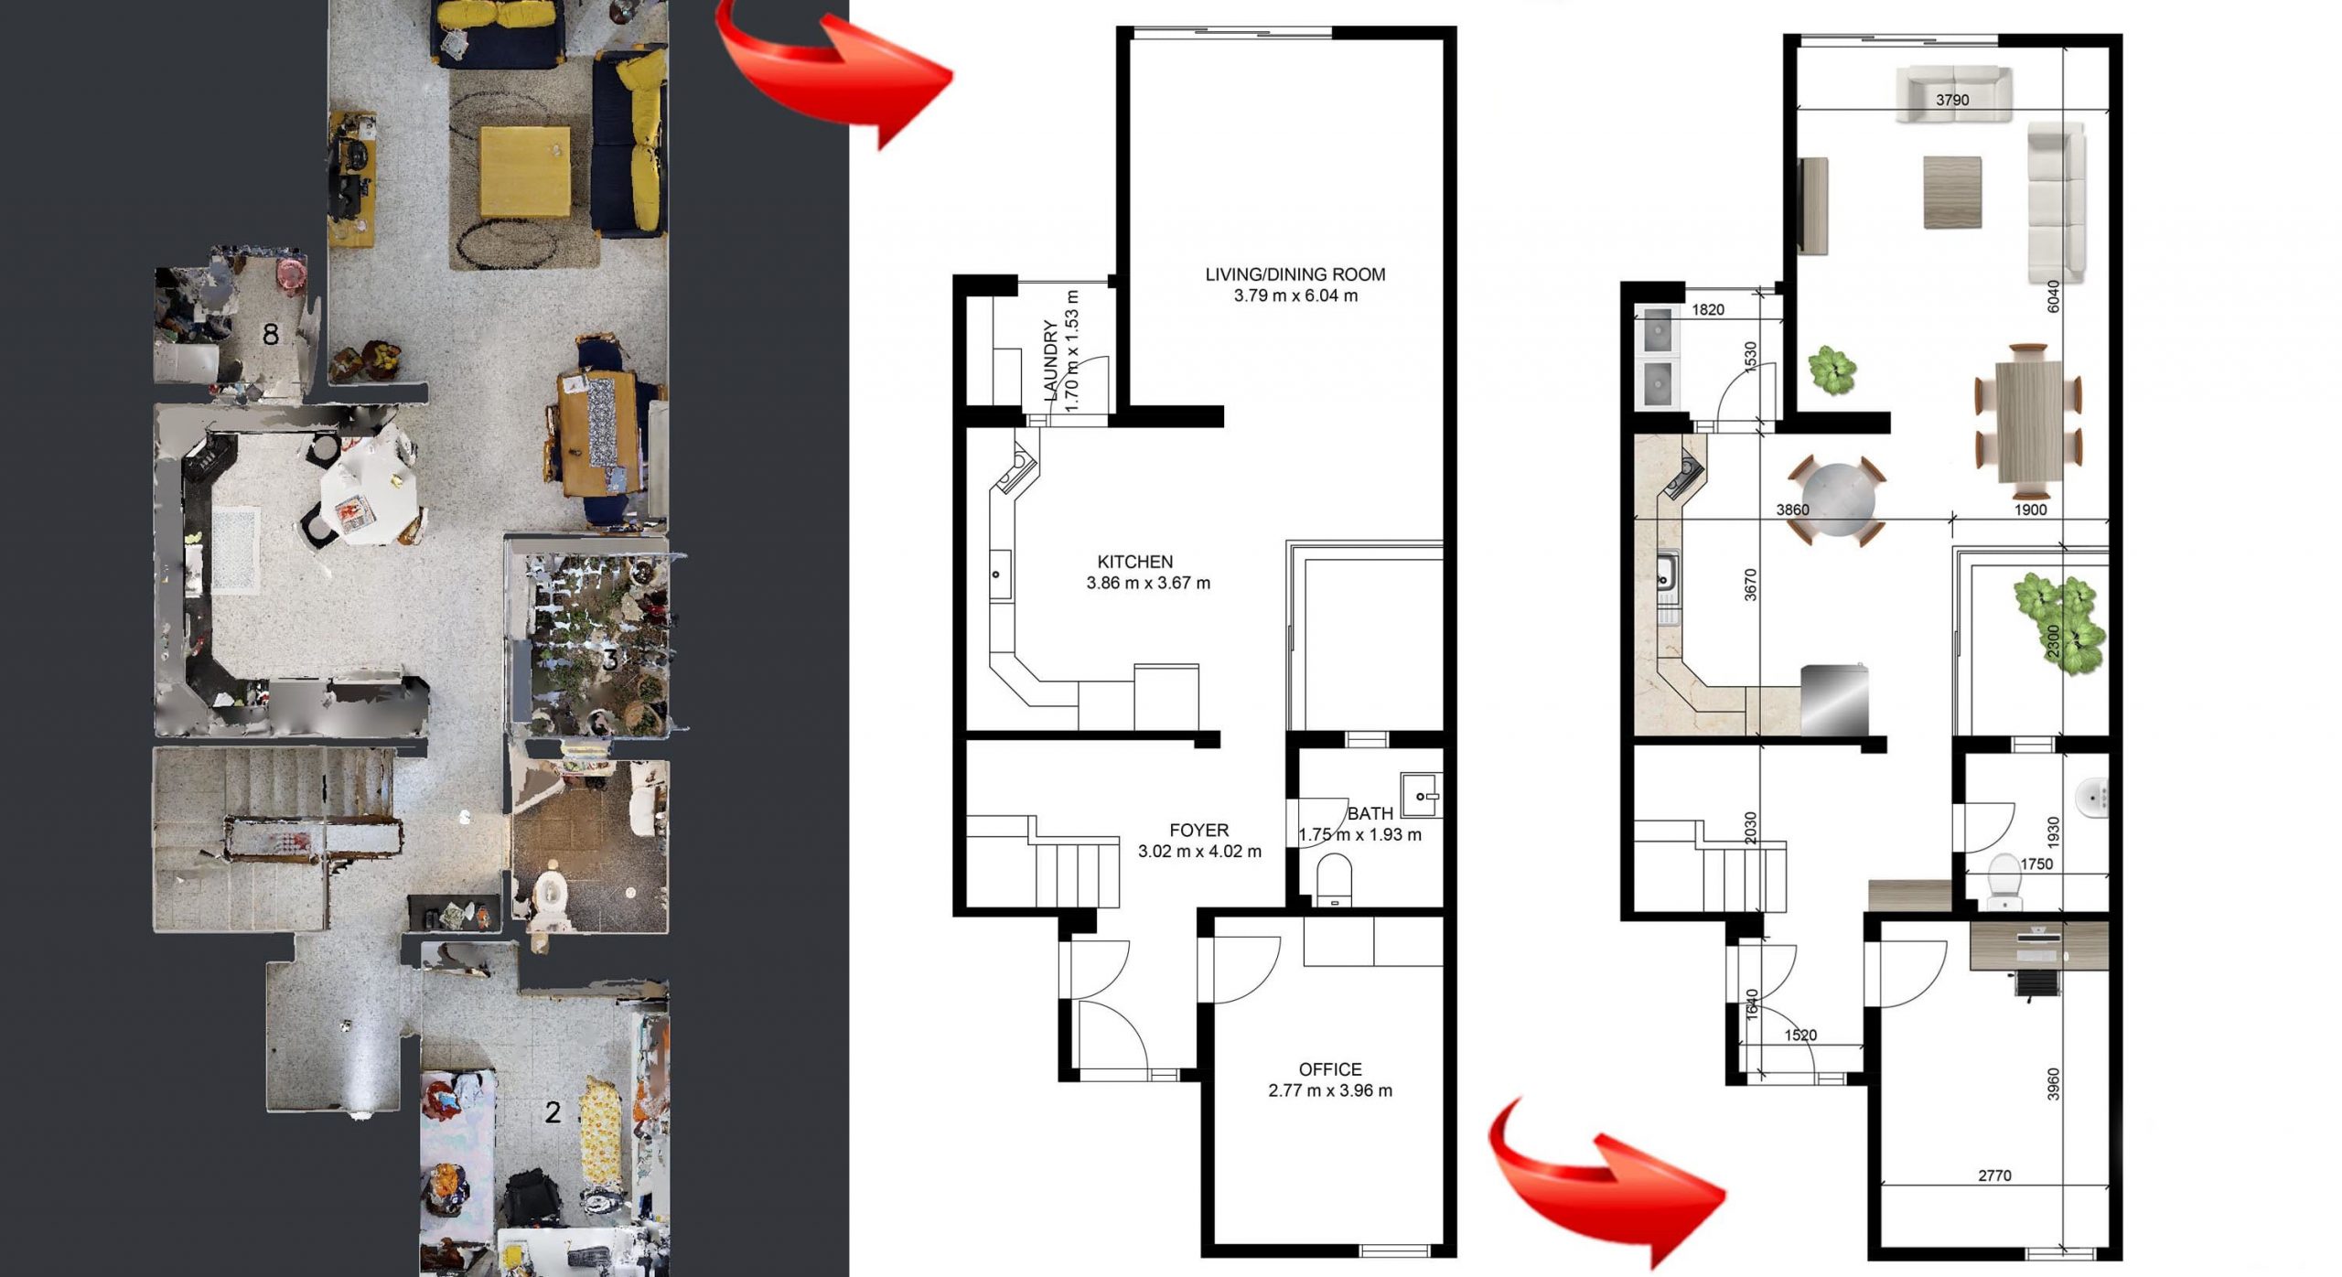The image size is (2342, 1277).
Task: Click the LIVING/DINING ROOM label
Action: pos(1295,274)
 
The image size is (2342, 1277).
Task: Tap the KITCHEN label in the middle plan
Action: pos(1134,562)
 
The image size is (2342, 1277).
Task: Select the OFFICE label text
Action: pos(1330,1069)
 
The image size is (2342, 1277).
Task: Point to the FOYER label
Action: pos(1198,831)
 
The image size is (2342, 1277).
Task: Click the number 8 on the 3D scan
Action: pos(270,335)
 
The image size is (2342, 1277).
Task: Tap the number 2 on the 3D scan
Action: pos(553,1112)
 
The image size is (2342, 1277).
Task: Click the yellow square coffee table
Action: pos(525,171)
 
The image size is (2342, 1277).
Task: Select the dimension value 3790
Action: pos(1952,100)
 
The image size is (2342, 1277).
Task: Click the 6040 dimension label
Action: pos(2053,296)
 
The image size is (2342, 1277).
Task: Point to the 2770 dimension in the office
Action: pos(1994,1175)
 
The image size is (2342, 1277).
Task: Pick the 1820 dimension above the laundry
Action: pos(1708,309)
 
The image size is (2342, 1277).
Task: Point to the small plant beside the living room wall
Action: pos(1832,370)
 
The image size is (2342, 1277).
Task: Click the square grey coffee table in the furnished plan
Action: pos(1952,192)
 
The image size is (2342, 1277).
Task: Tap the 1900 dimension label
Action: pos(2030,510)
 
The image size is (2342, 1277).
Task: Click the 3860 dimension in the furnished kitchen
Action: pos(1792,510)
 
